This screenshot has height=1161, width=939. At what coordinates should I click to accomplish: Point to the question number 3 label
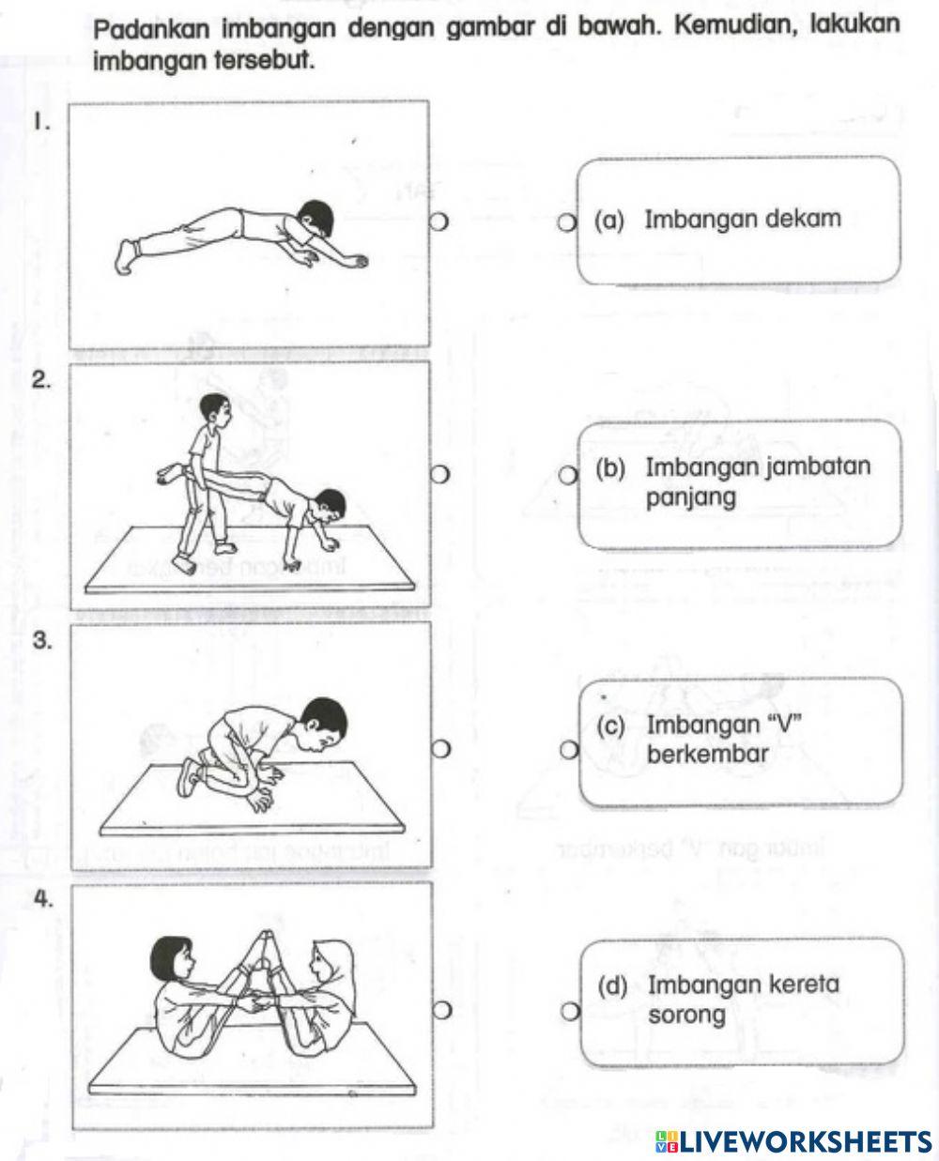41,640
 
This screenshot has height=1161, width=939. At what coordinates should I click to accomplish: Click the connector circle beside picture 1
439,222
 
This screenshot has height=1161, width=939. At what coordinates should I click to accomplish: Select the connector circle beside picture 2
439,476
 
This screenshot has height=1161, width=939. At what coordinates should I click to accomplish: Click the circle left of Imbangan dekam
565,222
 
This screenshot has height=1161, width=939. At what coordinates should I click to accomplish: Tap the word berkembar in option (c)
707,754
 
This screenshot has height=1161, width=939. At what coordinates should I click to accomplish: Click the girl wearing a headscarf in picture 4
326,995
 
